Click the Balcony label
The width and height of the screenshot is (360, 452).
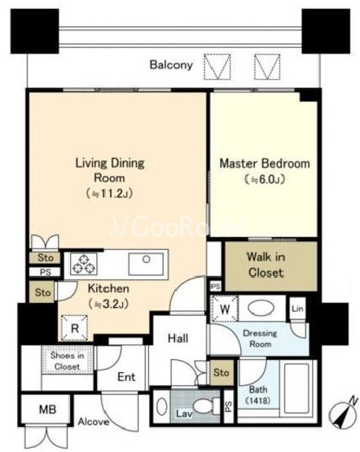click(171, 65)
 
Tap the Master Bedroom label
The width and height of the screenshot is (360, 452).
click(265, 164)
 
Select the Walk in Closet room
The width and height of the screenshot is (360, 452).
click(271, 266)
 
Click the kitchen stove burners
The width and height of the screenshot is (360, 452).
click(84, 264)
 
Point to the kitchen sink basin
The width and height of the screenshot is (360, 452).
click(146, 264)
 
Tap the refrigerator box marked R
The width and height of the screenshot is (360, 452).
click(75, 328)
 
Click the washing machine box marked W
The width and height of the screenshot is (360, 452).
click(225, 309)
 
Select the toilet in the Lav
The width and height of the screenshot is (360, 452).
click(206, 406)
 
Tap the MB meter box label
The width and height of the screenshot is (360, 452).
click(47, 409)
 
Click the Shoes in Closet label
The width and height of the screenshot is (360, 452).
click(67, 361)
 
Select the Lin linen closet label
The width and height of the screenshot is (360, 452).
click(297, 309)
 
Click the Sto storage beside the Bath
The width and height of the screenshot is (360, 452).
click(222, 372)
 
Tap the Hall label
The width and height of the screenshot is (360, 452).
click(178, 338)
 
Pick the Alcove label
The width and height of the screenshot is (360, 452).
click(94, 422)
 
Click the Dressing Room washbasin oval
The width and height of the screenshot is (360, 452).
click(261, 309)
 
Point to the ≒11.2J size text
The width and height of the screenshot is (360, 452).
click(109, 194)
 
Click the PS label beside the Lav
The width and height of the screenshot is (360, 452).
click(229, 406)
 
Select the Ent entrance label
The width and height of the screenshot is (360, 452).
click(126, 377)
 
